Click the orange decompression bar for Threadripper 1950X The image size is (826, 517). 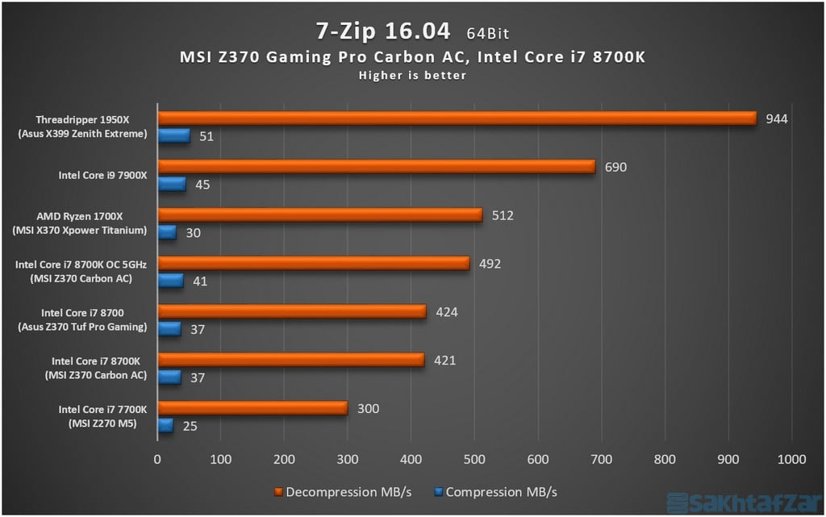coord(457,119)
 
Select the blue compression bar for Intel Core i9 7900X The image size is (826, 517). coord(172,185)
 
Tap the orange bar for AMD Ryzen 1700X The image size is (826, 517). coord(319,215)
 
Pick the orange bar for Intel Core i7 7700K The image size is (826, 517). coord(252,408)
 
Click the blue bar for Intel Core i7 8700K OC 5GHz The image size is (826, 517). coord(170,281)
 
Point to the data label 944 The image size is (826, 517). coord(777,119)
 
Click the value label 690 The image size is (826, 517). coord(615,167)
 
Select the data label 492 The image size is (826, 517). coord(490,264)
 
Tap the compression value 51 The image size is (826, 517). coord(206,136)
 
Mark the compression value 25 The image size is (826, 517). coord(190,426)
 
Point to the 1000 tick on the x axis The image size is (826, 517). coord(791,459)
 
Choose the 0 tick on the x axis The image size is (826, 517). coord(157,459)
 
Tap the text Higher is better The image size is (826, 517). coord(412,75)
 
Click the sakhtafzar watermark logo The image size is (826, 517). coord(749,502)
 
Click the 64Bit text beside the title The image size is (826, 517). coord(487,33)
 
